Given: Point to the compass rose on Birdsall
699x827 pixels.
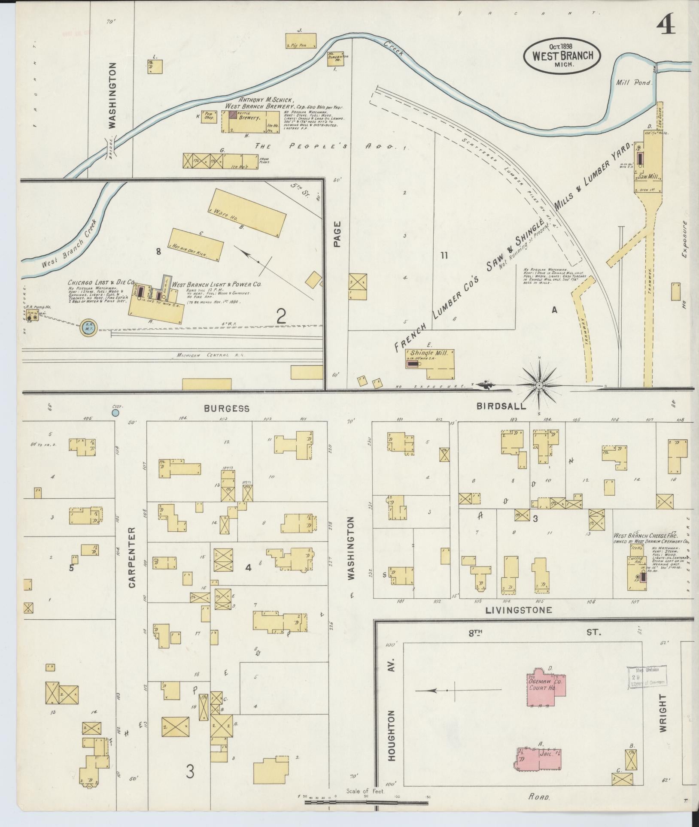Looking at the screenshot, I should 538,385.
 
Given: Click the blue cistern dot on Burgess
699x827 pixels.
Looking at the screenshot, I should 115,412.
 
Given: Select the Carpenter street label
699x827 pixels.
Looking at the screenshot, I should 131,557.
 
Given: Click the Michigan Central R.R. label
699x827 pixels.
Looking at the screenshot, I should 210,355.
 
